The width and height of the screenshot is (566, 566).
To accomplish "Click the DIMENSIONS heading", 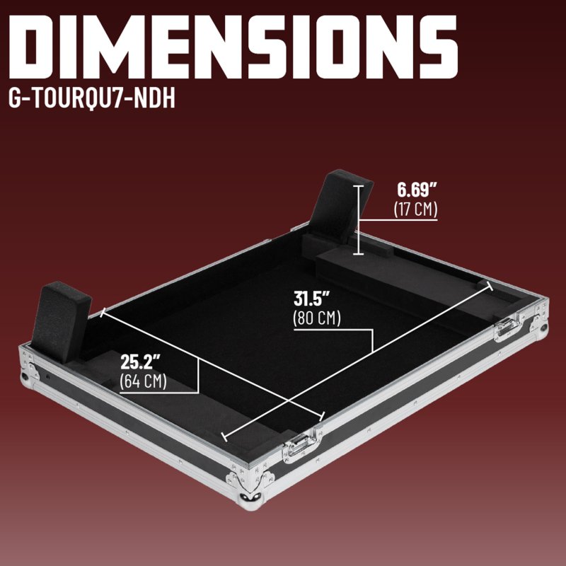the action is [233, 47].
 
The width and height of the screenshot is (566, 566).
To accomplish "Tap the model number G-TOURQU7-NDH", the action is [92, 98].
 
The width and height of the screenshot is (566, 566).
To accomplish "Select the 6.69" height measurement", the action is [417, 190].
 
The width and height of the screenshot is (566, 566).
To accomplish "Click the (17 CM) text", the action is [415, 209].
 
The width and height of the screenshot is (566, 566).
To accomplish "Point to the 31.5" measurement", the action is [312, 299].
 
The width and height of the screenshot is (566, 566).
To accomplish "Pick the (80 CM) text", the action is [317, 318].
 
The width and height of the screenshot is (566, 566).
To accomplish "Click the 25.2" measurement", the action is [140, 362].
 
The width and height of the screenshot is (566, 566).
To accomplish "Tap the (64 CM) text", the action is [144, 381].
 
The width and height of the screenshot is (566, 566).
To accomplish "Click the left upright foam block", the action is [61, 322].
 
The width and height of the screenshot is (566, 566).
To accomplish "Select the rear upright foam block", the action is [341, 206].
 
